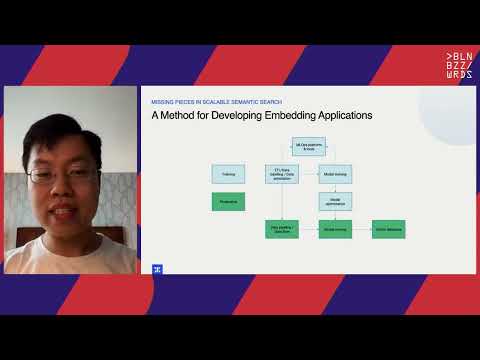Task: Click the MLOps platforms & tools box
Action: pyautogui.click(x=308, y=146)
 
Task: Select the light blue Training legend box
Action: pyautogui.click(x=228, y=173)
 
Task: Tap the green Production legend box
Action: pyautogui.click(x=228, y=201)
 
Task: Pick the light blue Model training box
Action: pyautogui.click(x=335, y=173)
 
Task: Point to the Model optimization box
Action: pyautogui.click(x=335, y=201)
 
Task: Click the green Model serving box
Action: pyautogui.click(x=335, y=229)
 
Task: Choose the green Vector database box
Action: pyautogui.click(x=388, y=229)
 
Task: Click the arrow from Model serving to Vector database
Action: pyautogui.click(x=362, y=229)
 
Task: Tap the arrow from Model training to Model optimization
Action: pyautogui.click(x=335, y=187)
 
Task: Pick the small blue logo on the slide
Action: pyautogui.click(x=157, y=268)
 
